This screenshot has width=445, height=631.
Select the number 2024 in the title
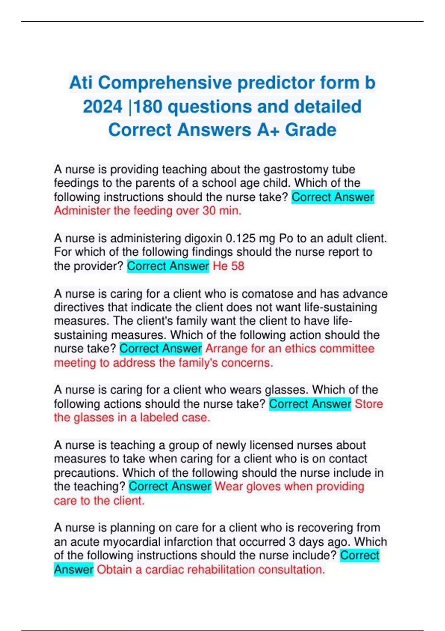click(x=102, y=107)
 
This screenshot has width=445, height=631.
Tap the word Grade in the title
click(x=311, y=130)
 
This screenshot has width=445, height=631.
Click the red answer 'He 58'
click(x=228, y=266)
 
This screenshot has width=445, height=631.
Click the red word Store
click(x=369, y=404)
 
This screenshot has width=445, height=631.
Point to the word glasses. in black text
click(x=286, y=390)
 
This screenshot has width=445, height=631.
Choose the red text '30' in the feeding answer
click(x=209, y=211)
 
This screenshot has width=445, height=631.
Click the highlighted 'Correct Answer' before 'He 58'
click(x=168, y=266)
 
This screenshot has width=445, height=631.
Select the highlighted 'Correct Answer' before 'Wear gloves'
click(x=170, y=486)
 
